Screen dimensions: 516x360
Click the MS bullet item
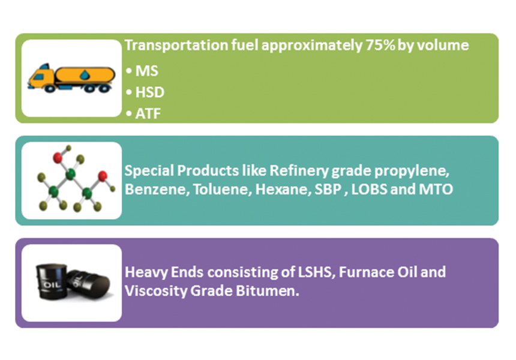(142, 71)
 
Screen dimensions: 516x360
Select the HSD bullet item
(145, 92)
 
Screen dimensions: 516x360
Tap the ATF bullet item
(143, 114)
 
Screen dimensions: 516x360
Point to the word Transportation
(176, 46)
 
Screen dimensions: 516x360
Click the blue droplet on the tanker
(85, 75)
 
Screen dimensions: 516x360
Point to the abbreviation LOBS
(369, 189)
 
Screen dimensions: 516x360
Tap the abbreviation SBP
(328, 189)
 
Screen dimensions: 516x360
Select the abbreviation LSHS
(317, 272)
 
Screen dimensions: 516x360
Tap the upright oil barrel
(51, 281)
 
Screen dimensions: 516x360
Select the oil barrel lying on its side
(89, 284)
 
